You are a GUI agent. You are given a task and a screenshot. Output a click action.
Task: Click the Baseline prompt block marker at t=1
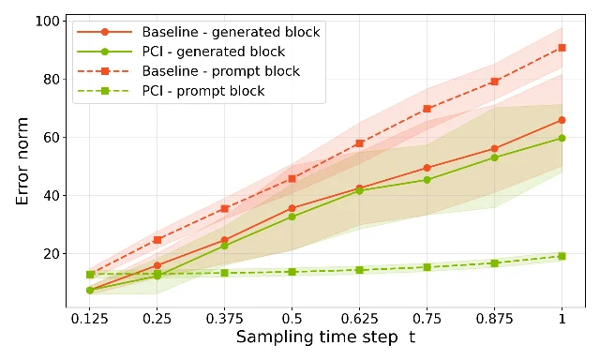[562, 48]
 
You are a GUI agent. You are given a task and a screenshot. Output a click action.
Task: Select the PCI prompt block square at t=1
[562, 256]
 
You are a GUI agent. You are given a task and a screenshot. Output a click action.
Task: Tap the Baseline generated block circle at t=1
[562, 120]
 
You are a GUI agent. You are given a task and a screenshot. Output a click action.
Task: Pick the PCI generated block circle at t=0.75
[427, 180]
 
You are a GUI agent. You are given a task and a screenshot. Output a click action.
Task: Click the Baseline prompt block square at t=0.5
[292, 179]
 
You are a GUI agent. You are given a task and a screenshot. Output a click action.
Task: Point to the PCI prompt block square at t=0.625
[359, 270]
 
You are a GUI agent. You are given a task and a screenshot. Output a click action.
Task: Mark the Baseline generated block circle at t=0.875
[494, 148]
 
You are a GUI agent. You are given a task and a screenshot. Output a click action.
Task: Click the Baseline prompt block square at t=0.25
[157, 240]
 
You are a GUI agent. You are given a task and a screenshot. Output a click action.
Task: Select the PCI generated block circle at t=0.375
[225, 246]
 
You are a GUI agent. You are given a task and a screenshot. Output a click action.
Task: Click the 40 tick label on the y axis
[52, 196]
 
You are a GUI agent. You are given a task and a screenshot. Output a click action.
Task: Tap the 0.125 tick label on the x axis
[90, 319]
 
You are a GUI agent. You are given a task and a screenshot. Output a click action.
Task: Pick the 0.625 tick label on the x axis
[359, 319]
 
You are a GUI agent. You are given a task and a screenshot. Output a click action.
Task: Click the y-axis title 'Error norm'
[22, 161]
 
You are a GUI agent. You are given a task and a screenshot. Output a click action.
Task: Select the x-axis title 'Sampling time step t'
[325, 337]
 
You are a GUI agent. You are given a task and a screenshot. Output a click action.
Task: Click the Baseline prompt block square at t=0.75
[427, 109]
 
